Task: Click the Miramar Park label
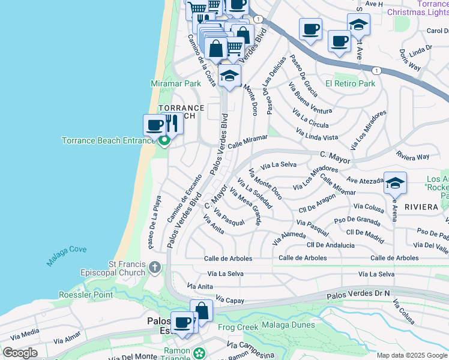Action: coord(175,83)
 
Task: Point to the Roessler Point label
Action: coord(86,295)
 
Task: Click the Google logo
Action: coord(20,353)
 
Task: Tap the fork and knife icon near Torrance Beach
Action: coord(172,124)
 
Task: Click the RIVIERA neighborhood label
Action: coord(421,206)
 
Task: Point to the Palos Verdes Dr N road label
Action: coord(358,295)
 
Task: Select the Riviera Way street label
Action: coord(413,156)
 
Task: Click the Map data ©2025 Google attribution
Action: coord(412,355)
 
